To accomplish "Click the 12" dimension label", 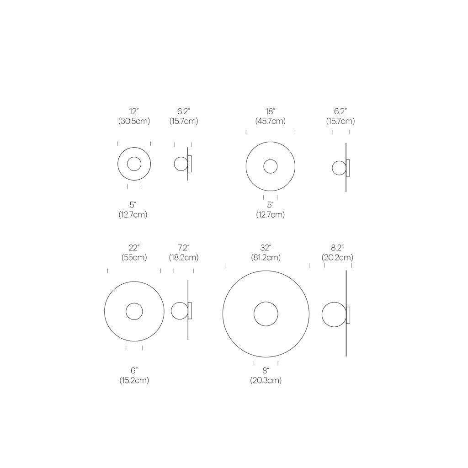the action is pos(134,112).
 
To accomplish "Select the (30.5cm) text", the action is pos(134,121).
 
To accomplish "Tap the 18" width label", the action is pos(271,112).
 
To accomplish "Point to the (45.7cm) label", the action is pos(271,121).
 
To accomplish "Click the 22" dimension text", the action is pos(134,248).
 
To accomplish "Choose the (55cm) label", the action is pos(134,257).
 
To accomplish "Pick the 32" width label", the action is pos(266,248).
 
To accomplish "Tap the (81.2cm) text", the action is pos(266,257).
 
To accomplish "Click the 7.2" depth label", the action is pos(184,248).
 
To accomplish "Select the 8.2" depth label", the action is pos(337,248).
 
